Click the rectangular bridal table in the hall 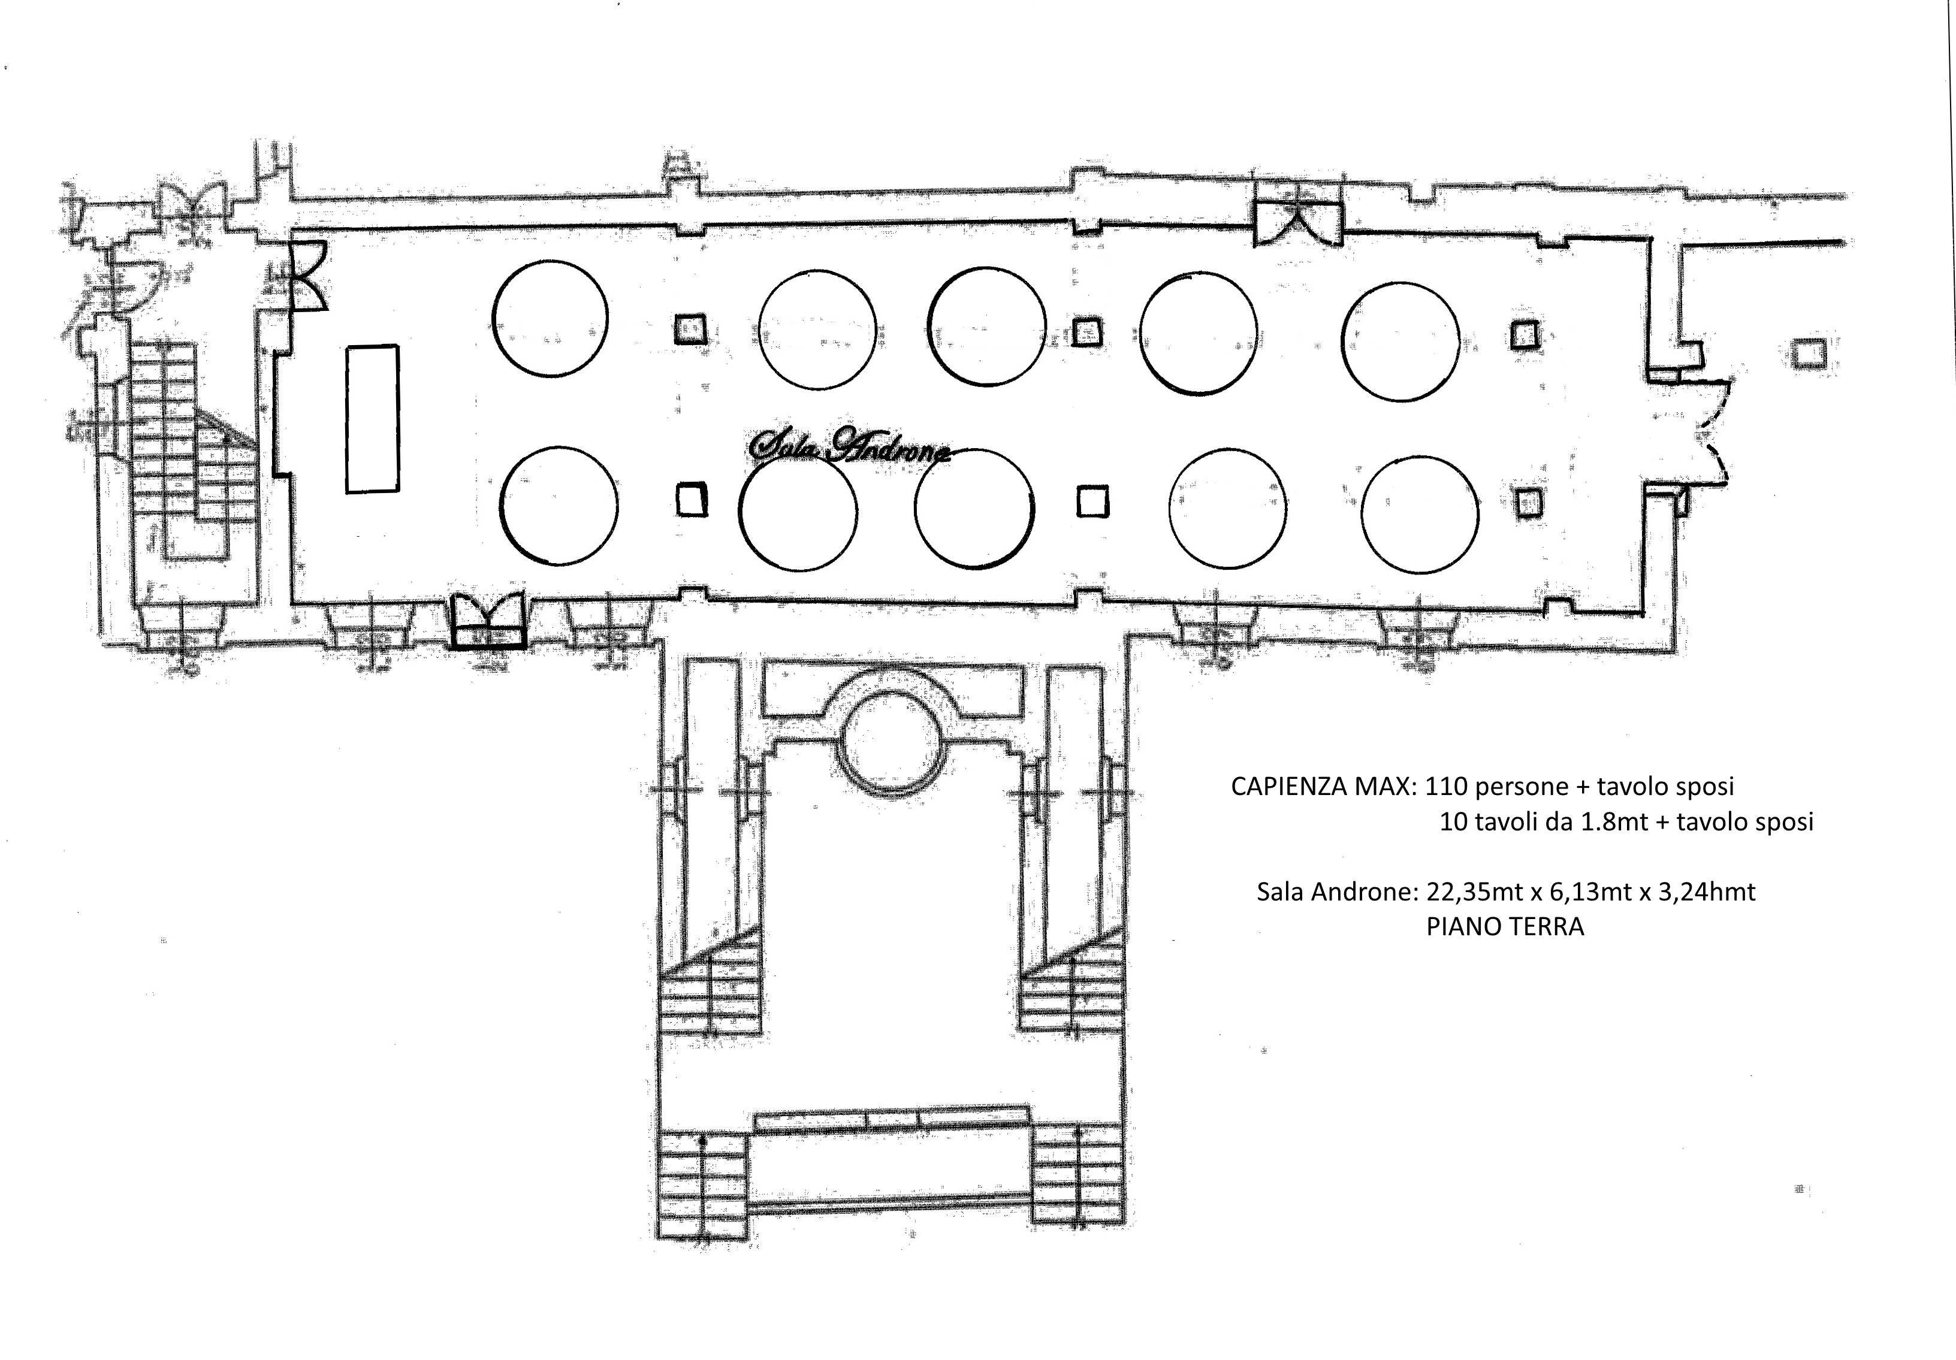[372, 418]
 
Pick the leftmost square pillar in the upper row [690, 329]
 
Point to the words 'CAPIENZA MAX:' [1324, 785]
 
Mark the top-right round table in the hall [1400, 341]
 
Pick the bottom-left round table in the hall [558, 505]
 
